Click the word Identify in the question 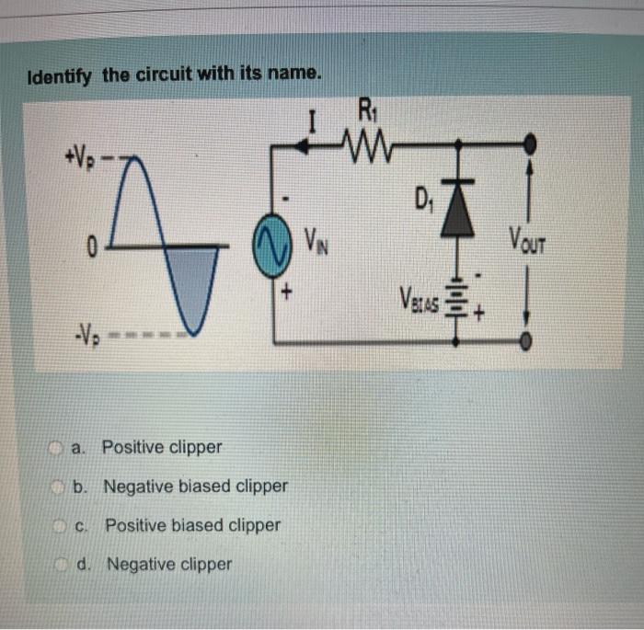[60, 76]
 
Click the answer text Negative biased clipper [195, 486]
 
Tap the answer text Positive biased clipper [192, 526]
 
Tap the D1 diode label [424, 195]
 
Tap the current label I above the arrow [313, 120]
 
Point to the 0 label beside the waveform [91, 246]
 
